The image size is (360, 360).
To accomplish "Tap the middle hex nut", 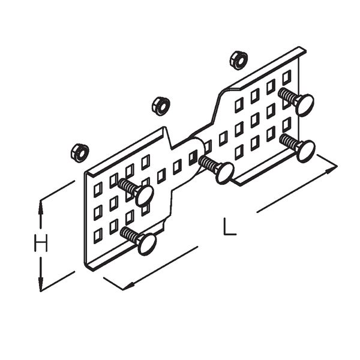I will pos(160,106).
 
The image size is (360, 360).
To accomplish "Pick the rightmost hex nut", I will pos(238,59).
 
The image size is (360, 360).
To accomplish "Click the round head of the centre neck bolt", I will pos(224,172).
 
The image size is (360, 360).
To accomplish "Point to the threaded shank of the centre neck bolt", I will pos(208,163).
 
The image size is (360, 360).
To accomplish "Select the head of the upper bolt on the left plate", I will pos(145,194).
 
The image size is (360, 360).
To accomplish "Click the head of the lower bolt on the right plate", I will pos(305,150).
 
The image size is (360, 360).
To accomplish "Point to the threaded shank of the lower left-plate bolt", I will pos(130,233).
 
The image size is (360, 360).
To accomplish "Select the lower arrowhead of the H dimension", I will pos(41,284).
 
